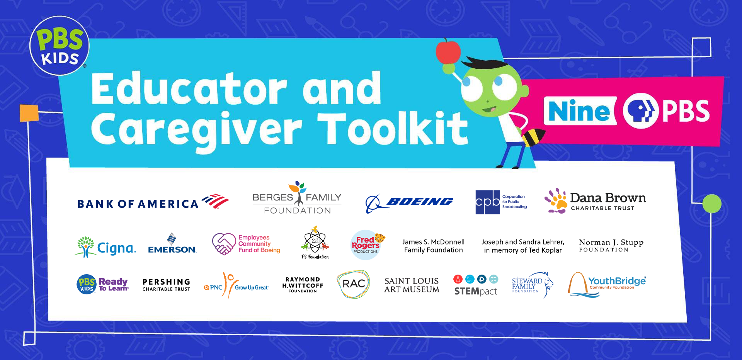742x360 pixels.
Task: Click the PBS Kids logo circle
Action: (x=60, y=46)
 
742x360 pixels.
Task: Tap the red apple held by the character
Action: (x=448, y=51)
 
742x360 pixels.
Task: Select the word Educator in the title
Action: (x=189, y=88)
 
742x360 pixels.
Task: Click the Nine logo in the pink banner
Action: (x=580, y=111)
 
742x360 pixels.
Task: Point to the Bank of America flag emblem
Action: (x=215, y=201)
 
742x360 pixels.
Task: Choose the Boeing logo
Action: (x=409, y=202)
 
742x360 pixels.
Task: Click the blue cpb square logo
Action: (x=487, y=202)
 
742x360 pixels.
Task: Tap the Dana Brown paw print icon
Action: (x=556, y=200)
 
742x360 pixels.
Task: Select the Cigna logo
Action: (x=105, y=247)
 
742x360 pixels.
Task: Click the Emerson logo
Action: (x=172, y=243)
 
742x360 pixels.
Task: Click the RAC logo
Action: (x=353, y=284)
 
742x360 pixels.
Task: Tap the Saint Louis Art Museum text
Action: (x=412, y=285)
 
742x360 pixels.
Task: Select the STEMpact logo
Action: (x=476, y=285)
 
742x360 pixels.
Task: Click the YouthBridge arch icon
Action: (x=577, y=284)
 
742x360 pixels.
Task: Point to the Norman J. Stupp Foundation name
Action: (x=611, y=245)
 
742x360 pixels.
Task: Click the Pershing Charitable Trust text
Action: (x=166, y=285)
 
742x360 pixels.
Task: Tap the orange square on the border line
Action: (x=29, y=113)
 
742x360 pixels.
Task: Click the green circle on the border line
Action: (x=712, y=204)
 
